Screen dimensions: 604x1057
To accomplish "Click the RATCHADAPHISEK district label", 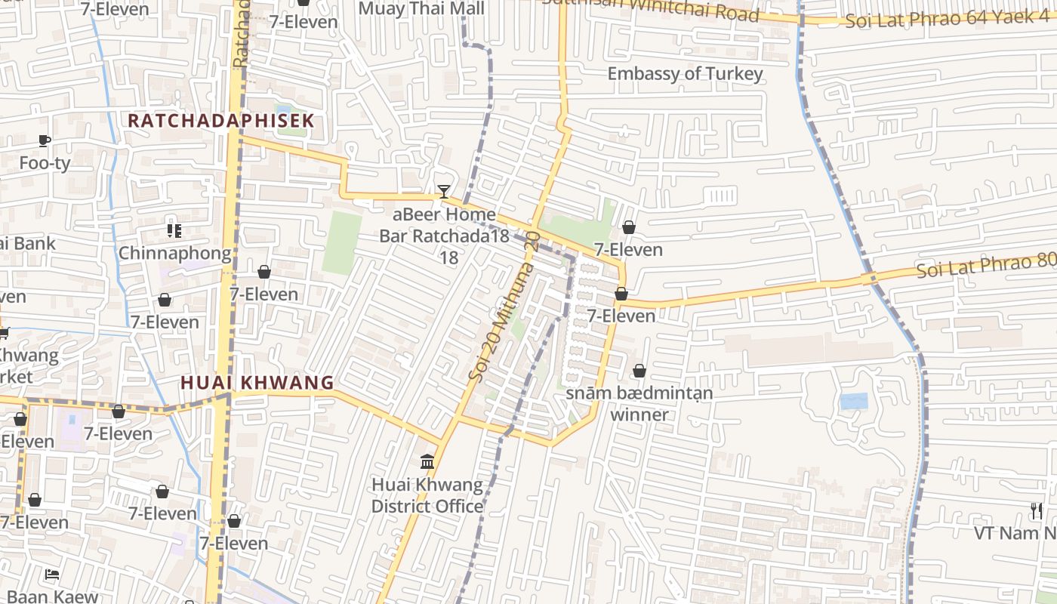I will (220, 121).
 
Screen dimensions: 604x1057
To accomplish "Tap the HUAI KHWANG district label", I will (257, 383).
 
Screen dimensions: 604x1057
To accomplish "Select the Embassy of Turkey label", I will (685, 74).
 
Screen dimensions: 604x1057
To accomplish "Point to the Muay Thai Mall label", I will (421, 9).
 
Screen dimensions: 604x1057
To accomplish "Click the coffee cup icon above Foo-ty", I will (45, 140).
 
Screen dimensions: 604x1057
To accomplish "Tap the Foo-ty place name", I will (45, 163).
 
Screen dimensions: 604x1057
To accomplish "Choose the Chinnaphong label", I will (174, 253).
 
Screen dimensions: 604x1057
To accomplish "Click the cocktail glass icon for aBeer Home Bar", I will (444, 192).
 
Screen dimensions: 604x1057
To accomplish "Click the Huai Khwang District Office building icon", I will (427, 461).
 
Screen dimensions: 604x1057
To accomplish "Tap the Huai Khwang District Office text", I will (427, 495).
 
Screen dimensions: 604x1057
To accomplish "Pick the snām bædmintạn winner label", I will (639, 404).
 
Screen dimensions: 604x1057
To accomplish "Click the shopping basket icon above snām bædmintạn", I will (639, 371).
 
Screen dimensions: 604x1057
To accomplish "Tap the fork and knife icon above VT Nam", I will (1037, 511).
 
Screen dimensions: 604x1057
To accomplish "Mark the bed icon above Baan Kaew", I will (51, 575).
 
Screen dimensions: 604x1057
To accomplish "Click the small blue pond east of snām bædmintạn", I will (854, 401).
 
